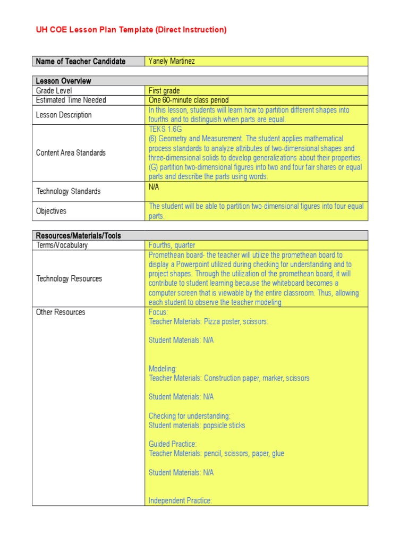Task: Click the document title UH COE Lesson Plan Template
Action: pyautogui.click(x=131, y=30)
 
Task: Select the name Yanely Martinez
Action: pyautogui.click(x=172, y=61)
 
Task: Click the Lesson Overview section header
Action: pyautogui.click(x=63, y=81)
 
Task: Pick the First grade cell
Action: pyautogui.click(x=164, y=91)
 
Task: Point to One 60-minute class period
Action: pyautogui.click(x=189, y=100)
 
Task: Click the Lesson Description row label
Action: pyautogui.click(x=64, y=115)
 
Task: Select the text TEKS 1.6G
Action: pyautogui.click(x=166, y=129)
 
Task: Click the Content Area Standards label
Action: pyautogui.click(x=71, y=152)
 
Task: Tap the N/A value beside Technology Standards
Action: pyautogui.click(x=154, y=187)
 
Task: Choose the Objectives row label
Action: pyautogui.click(x=51, y=211)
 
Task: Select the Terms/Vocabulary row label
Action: pyautogui.click(x=62, y=245)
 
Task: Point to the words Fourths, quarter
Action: pyautogui.click(x=172, y=245)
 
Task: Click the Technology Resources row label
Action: pyautogui.click(x=69, y=278)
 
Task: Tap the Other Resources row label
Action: pyautogui.click(x=61, y=312)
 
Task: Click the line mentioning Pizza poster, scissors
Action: pyautogui.click(x=208, y=321)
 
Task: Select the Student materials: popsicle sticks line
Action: pyautogui.click(x=197, y=425)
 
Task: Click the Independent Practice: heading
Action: pyautogui.click(x=180, y=500)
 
